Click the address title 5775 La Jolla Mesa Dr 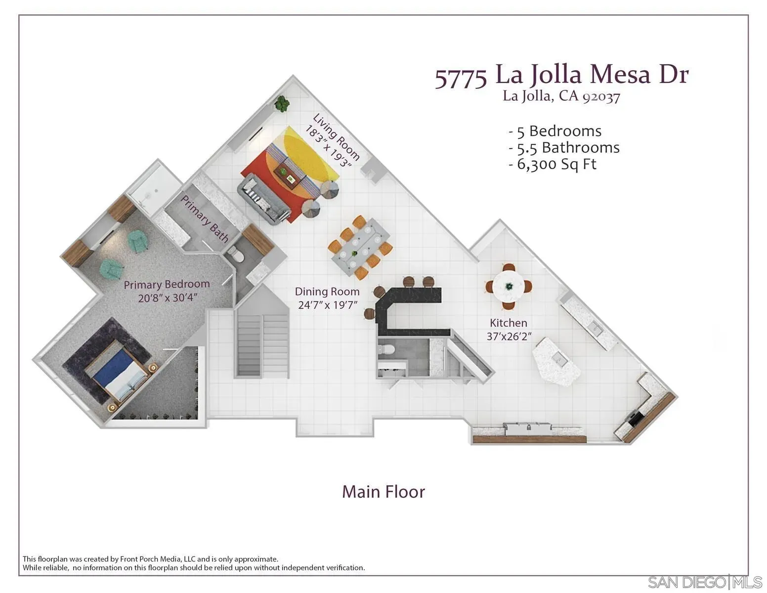tap(561, 76)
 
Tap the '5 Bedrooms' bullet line tap(555, 131)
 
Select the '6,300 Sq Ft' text tap(553, 164)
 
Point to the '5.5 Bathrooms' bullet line tap(564, 148)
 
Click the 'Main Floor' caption tap(383, 492)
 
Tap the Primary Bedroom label tap(167, 285)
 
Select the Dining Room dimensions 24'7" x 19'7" tap(327, 305)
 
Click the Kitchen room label tap(508, 323)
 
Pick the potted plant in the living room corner tap(283, 103)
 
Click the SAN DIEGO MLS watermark tap(705, 583)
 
